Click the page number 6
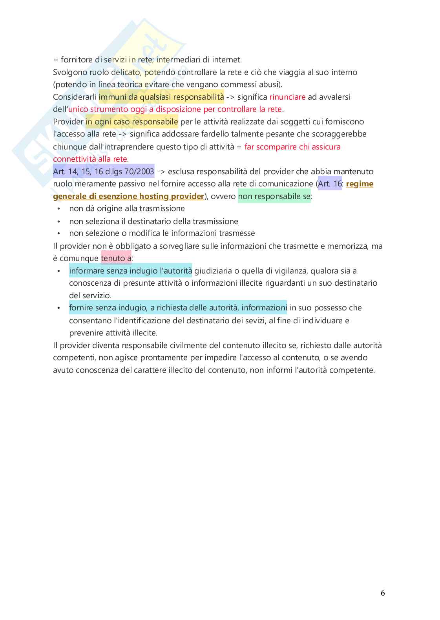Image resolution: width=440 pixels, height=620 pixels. pyautogui.click(x=383, y=593)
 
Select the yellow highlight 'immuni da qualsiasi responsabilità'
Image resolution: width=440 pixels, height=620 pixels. pyautogui.click(x=161, y=97)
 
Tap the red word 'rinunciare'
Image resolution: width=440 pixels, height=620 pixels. pyautogui.click(x=287, y=97)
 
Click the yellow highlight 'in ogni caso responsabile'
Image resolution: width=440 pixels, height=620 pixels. pyautogui.click(x=132, y=122)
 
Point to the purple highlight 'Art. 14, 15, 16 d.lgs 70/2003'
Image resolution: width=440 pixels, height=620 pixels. pyautogui.click(x=104, y=171)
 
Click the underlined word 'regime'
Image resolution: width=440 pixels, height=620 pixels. pyautogui.click(x=360, y=184)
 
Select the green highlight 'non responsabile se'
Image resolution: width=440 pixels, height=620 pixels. pyautogui.click(x=274, y=196)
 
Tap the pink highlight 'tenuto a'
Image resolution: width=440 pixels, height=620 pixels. pyautogui.click(x=116, y=258)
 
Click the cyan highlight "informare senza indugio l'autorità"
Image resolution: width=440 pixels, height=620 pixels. pyautogui.click(x=131, y=271)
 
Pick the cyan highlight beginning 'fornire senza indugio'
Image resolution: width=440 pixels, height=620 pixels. pyautogui.click(x=178, y=308)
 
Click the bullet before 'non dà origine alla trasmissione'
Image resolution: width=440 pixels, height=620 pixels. pyautogui.click(x=59, y=209)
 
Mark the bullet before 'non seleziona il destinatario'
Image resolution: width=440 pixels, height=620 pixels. pyautogui.click(x=59, y=221)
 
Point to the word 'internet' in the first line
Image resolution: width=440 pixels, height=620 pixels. pyautogui.click(x=226, y=60)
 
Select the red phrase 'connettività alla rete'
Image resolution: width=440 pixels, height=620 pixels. pyautogui.click(x=90, y=159)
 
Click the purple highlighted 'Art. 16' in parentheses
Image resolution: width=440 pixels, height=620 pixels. pyautogui.click(x=330, y=184)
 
